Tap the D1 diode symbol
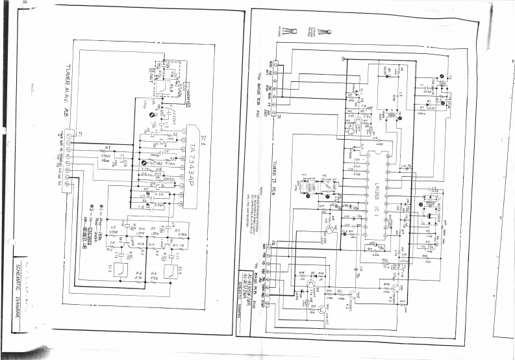(x=388, y=75)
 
